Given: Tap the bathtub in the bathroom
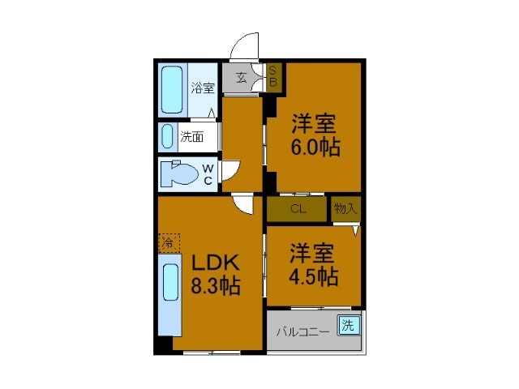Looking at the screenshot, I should pos(173,89).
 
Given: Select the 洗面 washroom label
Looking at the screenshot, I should pos(192,137).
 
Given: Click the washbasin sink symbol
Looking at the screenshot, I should pos(167,136).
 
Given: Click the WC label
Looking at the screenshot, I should pos(208,174).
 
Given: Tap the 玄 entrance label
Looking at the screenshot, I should pos(242,79).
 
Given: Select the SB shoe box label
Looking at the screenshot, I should pos(273,76).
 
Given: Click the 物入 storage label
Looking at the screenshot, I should pos(345,208).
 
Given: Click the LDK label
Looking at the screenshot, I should pos(215,263).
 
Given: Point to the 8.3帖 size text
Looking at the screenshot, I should pos(215,286).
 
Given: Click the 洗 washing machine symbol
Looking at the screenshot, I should pos(348,327).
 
